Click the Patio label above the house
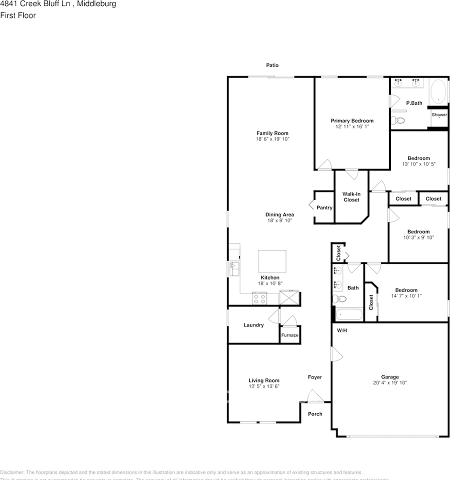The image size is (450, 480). point(272,65)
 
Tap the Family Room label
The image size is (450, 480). point(272,133)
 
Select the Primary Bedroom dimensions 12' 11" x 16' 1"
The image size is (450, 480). point(352,127)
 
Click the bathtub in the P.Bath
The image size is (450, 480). point(438,91)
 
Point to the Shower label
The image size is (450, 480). point(439,115)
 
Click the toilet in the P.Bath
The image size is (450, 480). point(398,120)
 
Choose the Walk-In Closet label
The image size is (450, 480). point(351,197)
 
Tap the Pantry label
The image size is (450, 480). point(324,207)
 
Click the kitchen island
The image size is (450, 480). point(272,260)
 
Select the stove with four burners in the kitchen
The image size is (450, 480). point(259,299)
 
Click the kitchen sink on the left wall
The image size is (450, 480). point(234,269)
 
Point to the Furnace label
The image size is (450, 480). point(289,335)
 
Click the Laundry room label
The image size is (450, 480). point(253,325)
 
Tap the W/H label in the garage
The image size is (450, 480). point(341,330)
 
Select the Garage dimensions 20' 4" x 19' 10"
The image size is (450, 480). point(390,383)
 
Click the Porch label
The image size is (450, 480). point(315,413)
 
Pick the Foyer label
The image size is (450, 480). point(314,377)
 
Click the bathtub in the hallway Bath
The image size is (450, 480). point(348,314)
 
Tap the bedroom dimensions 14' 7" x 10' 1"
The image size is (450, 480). point(406,296)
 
